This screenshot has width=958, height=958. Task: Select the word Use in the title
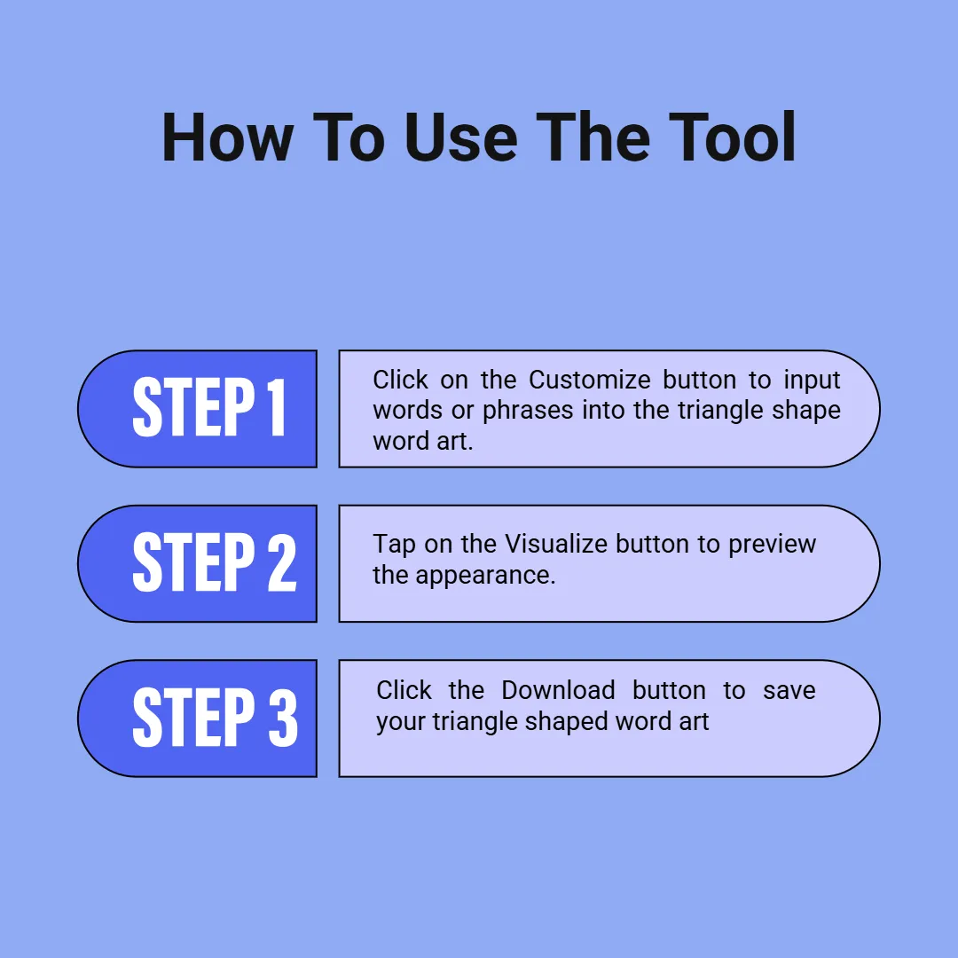[460, 137]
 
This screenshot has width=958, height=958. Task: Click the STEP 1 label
[209, 407]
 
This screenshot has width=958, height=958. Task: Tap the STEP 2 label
[215, 561]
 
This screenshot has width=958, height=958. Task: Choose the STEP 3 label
[215, 717]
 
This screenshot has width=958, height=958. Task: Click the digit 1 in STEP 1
[277, 407]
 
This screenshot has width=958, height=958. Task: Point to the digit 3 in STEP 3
[284, 717]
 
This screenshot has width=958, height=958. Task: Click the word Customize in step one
[590, 380]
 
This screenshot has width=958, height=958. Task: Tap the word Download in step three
[558, 690]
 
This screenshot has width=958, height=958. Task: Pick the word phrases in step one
[528, 411]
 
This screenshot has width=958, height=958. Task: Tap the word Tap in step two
[394, 545]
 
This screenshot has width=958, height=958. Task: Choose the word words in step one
[407, 411]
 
